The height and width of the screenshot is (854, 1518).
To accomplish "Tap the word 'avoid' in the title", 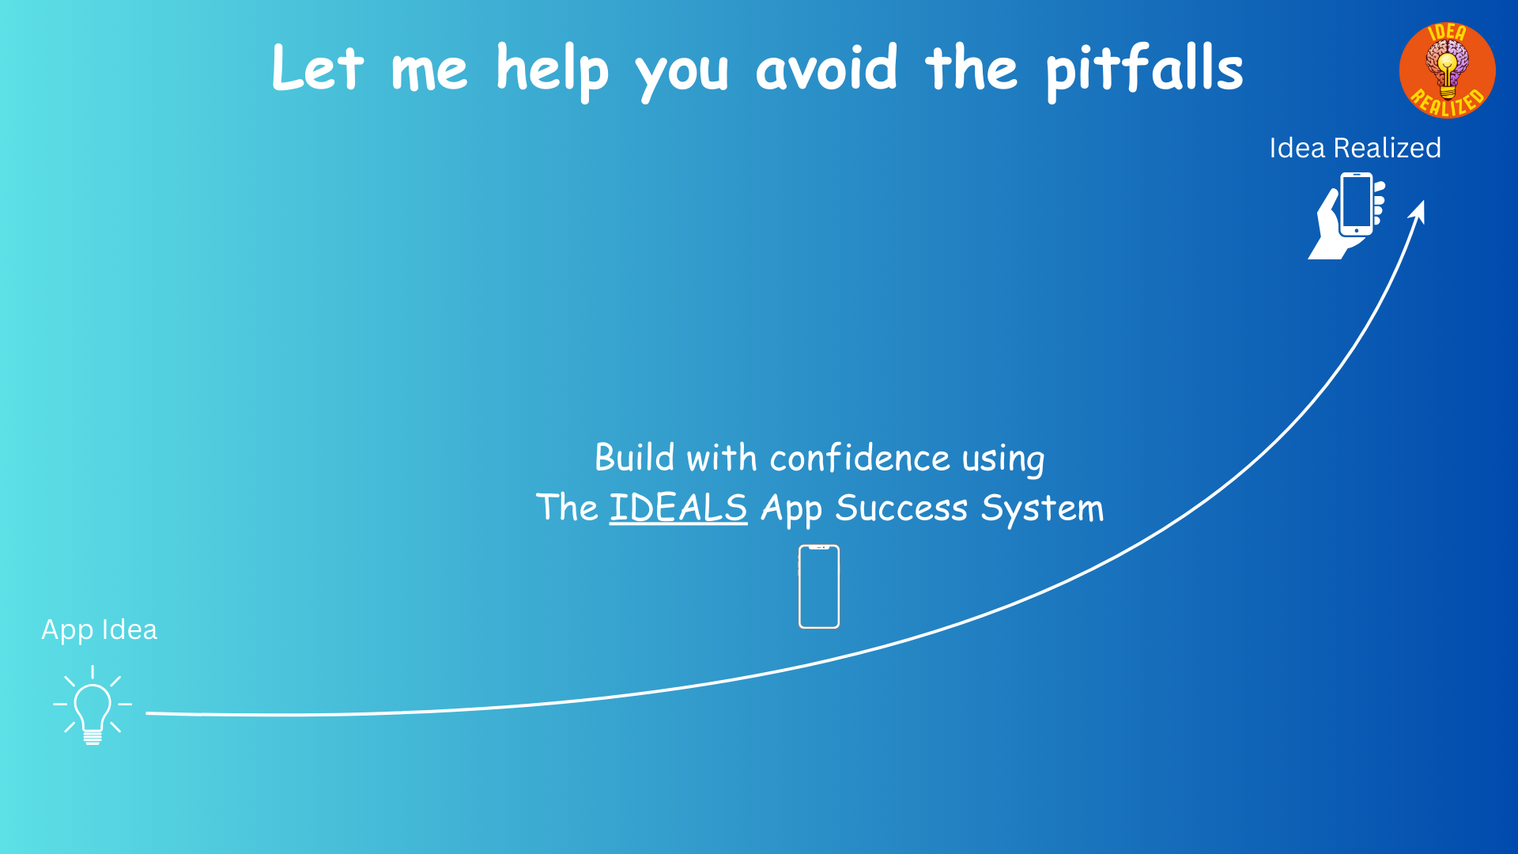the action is tap(827, 67).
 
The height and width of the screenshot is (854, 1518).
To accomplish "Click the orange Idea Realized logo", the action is tap(1447, 70).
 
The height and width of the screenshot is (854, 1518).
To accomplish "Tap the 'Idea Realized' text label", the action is tap(1355, 148).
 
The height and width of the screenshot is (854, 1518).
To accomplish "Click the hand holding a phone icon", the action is tap(1347, 215).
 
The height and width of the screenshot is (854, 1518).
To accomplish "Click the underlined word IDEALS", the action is tap(678, 508).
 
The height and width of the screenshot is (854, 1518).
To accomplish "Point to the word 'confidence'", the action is tap(859, 458).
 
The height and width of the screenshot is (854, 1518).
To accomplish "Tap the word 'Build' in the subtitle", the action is tap(635, 458).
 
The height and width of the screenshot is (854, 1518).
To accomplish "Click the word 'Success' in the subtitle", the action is tap(901, 508).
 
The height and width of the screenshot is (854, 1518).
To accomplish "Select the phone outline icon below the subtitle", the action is tap(819, 587).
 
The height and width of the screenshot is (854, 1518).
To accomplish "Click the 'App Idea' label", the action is tap(100, 630).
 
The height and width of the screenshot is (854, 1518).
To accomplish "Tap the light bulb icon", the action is tap(93, 705).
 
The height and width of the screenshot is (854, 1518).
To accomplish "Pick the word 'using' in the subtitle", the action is tap(1003, 460).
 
